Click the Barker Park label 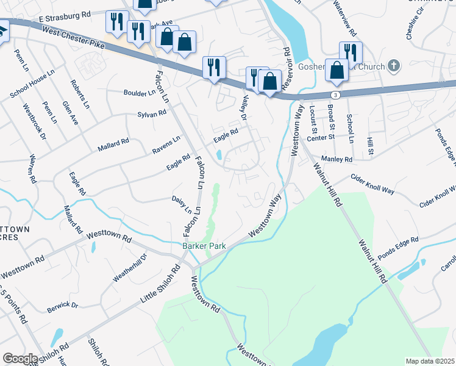(204, 246)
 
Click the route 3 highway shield (336, 95)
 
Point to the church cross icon (394, 65)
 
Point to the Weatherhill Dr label (130, 268)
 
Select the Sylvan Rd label (152, 113)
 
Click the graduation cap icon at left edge (2, 31)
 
